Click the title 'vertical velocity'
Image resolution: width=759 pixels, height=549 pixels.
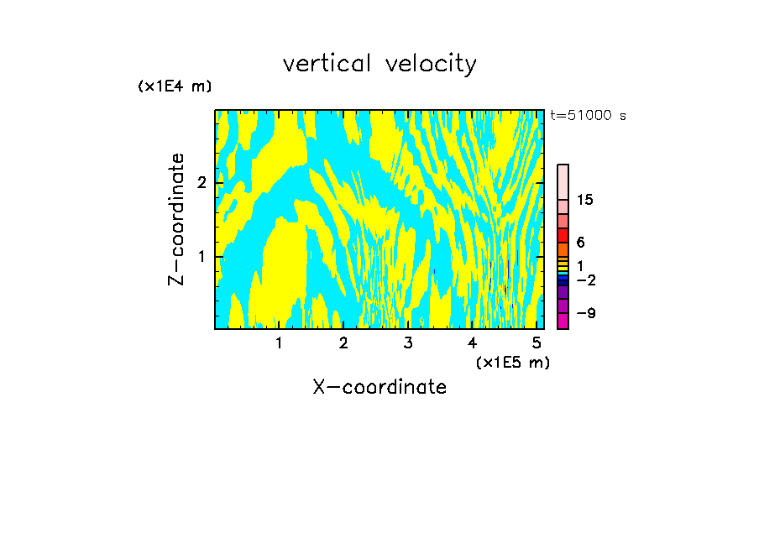[x=379, y=64]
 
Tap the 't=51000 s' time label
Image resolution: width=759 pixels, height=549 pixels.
[x=588, y=116]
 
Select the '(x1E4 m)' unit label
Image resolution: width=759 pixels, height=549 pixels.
[x=175, y=86]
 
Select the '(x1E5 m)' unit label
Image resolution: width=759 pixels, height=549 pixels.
[x=512, y=362]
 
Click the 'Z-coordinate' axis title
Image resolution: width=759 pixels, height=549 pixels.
[x=176, y=219]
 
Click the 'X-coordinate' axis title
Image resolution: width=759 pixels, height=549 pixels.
[x=379, y=387]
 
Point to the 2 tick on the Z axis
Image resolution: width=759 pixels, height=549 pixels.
[x=199, y=182]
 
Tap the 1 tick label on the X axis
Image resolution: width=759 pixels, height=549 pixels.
[x=279, y=343]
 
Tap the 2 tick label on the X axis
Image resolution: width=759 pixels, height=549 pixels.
[x=343, y=343]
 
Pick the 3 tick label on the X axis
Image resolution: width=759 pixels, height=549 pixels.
[x=408, y=343]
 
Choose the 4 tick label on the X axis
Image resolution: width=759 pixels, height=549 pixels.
[x=472, y=343]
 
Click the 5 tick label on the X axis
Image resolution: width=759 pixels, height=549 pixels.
[x=537, y=343]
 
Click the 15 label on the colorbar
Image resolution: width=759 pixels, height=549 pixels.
[x=585, y=200]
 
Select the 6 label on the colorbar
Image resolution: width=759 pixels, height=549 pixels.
[x=580, y=242]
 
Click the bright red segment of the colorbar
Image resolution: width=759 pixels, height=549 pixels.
[x=563, y=235]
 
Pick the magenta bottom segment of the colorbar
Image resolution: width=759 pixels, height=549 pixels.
[x=563, y=321]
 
